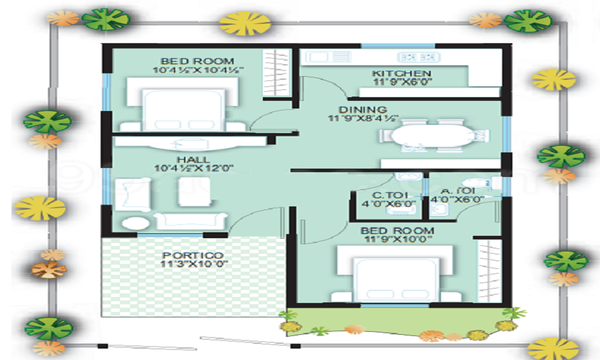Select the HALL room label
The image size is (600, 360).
pos(193,160)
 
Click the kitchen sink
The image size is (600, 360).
pos(320,58)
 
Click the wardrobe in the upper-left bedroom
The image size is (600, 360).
pos(277,72)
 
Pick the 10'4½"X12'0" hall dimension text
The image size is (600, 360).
pos(193,169)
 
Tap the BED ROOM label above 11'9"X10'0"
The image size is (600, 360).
pos(397,230)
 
